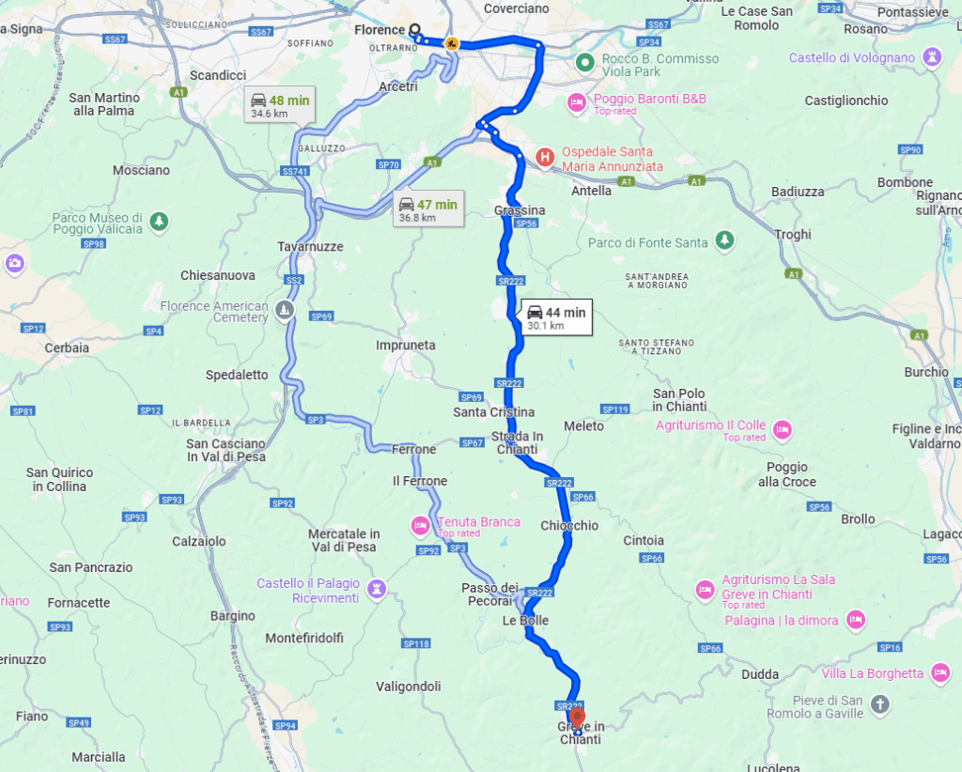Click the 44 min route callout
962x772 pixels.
556,318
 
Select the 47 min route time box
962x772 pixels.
427,210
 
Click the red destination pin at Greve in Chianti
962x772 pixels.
577,719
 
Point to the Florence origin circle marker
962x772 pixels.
414,28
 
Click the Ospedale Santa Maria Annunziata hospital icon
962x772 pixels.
543,157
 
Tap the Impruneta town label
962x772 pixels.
406,345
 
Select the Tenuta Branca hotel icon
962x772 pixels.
420,523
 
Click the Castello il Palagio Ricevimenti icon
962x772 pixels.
377,589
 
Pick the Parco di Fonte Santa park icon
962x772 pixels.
724,239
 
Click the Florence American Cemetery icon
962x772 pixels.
286,309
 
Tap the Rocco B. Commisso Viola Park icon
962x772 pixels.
584,64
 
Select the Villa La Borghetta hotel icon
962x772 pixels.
939,672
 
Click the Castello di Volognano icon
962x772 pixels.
931,57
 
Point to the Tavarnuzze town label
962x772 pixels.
310,247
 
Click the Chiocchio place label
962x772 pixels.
569,525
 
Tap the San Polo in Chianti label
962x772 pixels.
678,400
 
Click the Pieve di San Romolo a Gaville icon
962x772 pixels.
879,703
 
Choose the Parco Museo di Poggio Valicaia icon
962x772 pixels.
160,221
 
